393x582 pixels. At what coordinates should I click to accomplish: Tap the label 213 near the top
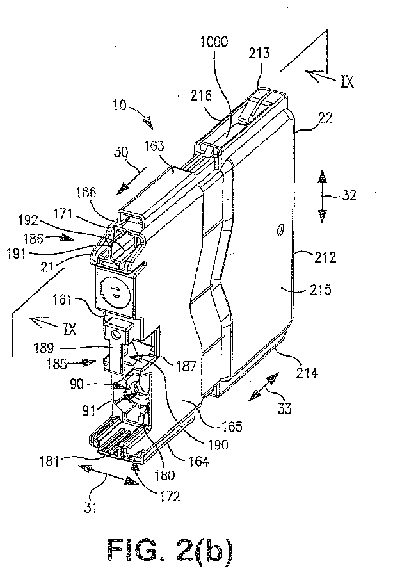click(x=259, y=53)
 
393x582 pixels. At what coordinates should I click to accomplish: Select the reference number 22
click(x=325, y=118)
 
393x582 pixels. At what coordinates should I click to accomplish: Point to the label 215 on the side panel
click(x=320, y=289)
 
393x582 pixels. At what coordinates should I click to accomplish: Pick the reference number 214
click(x=307, y=372)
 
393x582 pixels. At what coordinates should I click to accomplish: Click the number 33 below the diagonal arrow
click(x=284, y=408)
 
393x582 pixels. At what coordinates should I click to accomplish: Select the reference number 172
click(x=170, y=496)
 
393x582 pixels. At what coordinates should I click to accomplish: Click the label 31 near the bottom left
click(x=90, y=506)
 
